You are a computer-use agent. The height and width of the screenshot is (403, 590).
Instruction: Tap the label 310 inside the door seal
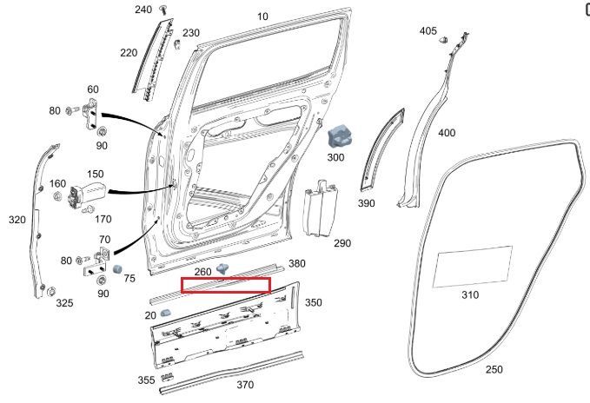pyautogui.click(x=469, y=294)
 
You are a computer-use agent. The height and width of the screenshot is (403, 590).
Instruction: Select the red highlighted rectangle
pyautogui.click(x=225, y=285)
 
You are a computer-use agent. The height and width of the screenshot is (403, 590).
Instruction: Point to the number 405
pyautogui.click(x=428, y=31)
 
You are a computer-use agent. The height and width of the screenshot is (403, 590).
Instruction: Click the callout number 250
pyautogui.click(x=494, y=369)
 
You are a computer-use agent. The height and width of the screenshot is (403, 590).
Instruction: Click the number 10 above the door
pyautogui.click(x=263, y=17)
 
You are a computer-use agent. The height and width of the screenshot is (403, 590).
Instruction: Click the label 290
pyautogui.click(x=342, y=243)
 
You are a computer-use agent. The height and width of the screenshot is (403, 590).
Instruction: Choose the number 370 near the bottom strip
pyautogui.click(x=245, y=385)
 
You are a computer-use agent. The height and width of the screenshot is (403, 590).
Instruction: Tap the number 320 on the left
pyautogui.click(x=17, y=220)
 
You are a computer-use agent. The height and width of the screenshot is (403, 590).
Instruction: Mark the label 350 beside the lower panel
pyautogui.click(x=313, y=302)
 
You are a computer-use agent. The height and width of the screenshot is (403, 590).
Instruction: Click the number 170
pyautogui.click(x=103, y=219)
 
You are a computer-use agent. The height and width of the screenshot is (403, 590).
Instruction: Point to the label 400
pyautogui.click(x=446, y=133)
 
